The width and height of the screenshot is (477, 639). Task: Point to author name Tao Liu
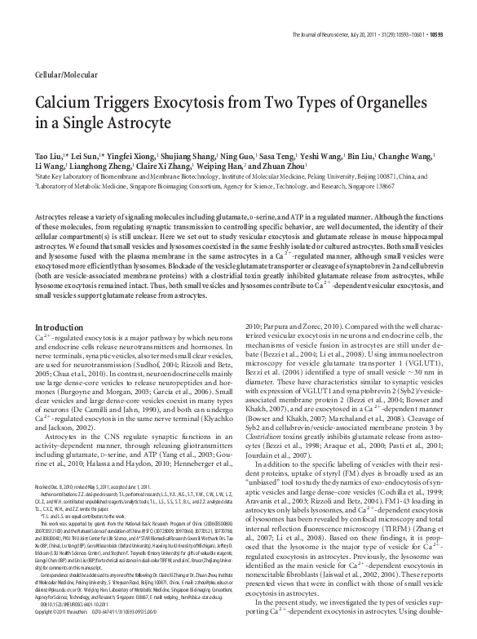point(50,154)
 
